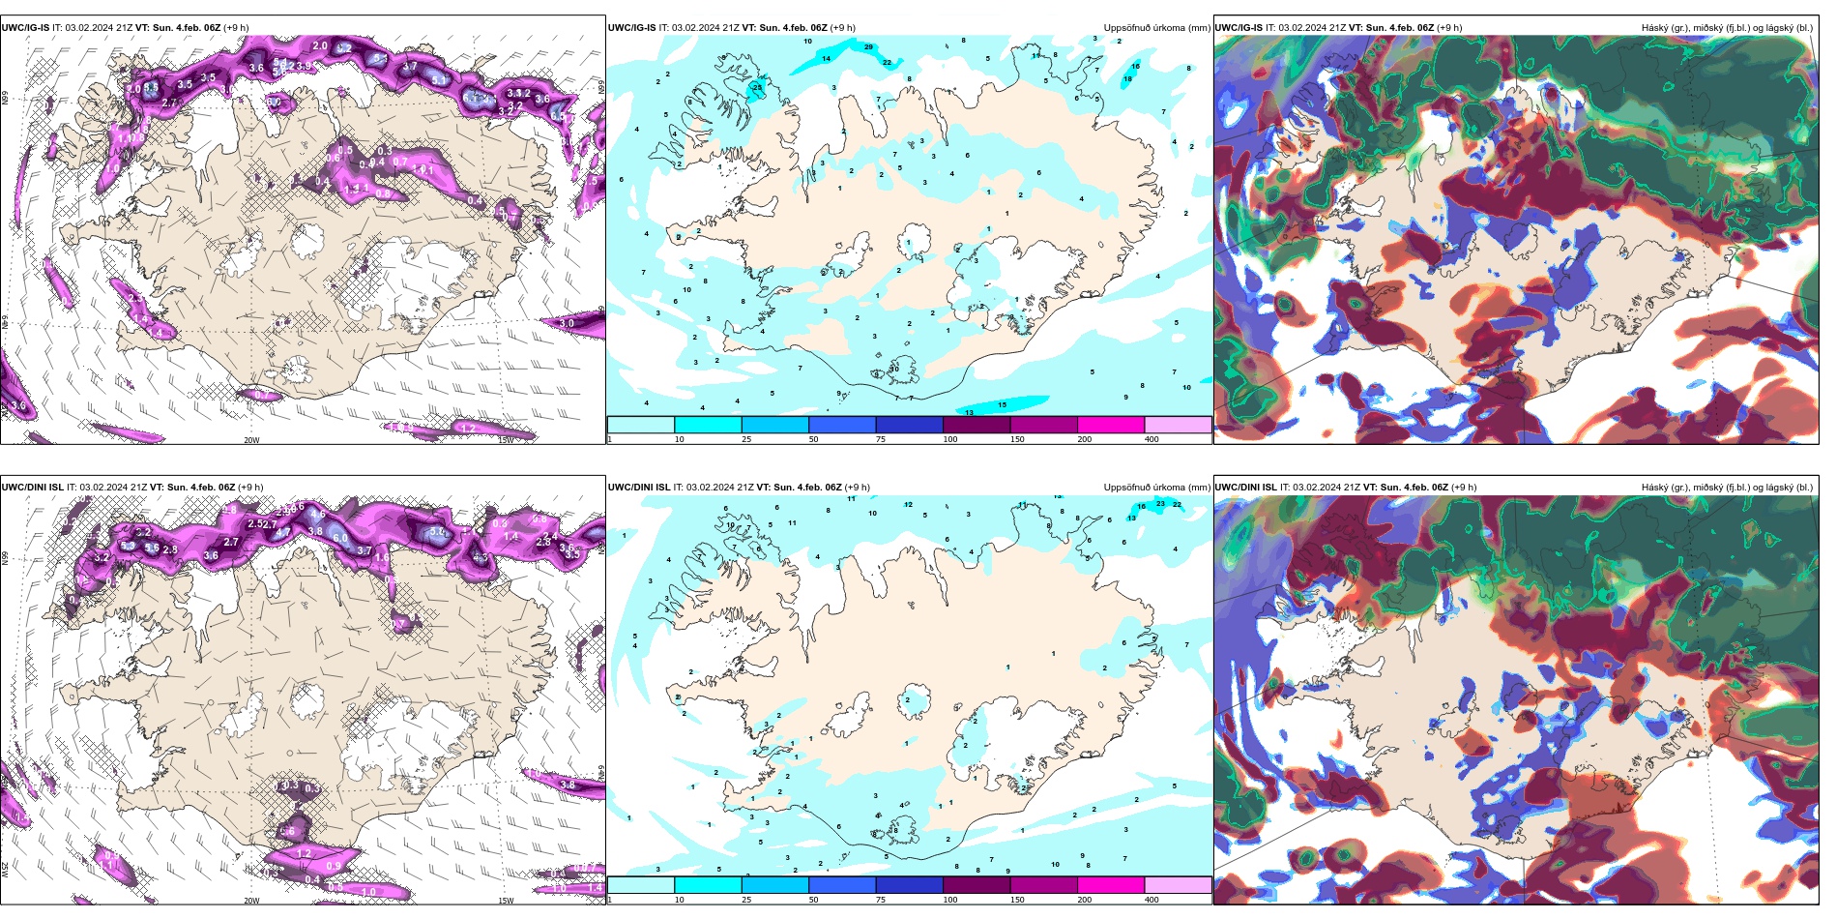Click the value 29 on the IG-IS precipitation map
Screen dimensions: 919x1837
868,46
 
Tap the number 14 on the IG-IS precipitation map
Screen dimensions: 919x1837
826,58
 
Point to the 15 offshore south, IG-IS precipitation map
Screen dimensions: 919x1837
1002,404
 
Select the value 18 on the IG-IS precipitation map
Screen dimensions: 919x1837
1127,78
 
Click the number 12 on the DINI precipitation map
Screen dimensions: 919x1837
908,504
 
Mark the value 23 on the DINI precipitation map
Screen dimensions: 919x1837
1160,503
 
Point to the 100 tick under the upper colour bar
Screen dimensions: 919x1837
949,439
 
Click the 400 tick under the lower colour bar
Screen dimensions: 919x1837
1151,900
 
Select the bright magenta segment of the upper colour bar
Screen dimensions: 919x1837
1110,425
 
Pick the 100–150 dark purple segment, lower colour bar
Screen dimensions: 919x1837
976,885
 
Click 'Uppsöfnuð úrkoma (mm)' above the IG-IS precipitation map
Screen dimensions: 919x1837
1156,27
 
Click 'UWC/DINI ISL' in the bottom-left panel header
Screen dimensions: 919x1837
33,487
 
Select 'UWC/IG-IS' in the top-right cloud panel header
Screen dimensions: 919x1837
1239,27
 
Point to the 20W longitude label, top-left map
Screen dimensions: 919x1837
251,440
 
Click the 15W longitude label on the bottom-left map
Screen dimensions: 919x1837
505,901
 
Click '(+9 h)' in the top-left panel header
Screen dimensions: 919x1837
236,27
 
